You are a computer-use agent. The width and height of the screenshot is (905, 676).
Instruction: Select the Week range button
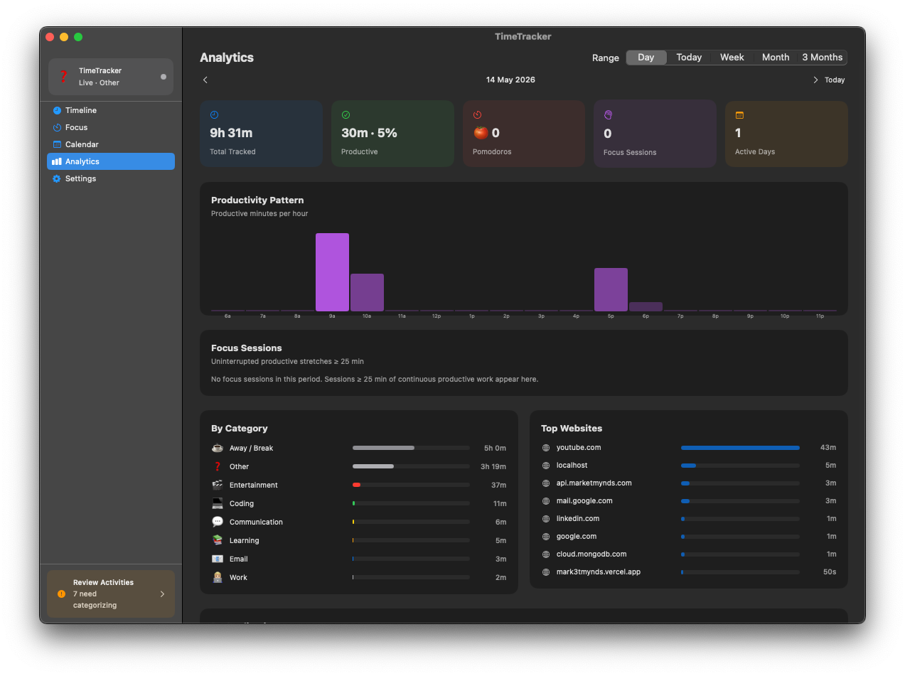pos(732,58)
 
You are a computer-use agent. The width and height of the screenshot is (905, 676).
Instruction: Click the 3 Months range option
pos(822,58)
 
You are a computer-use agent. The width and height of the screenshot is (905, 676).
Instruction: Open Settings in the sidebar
pos(80,178)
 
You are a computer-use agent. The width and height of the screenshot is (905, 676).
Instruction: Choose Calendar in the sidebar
pos(82,144)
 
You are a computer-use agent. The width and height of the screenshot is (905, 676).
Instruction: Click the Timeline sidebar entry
pos(81,110)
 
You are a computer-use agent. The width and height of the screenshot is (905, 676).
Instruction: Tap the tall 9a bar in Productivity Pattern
pos(332,272)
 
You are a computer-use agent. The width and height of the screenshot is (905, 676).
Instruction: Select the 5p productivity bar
pos(611,289)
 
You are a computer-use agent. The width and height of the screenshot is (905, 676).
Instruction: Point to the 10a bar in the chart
pos(367,292)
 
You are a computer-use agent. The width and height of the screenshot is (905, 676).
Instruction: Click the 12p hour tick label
pos(437,316)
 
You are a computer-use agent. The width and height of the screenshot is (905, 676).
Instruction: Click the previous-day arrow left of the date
pos(205,80)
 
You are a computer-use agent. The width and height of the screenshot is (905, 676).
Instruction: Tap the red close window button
pos(50,37)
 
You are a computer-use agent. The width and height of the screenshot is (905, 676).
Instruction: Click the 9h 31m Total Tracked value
pos(231,133)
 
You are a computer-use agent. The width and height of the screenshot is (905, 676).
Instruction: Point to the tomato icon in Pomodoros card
pos(481,133)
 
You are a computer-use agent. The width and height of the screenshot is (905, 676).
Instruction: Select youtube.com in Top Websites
pos(579,448)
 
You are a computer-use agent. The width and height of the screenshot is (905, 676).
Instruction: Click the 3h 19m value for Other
pos(493,466)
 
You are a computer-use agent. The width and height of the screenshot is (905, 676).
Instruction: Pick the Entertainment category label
pos(254,485)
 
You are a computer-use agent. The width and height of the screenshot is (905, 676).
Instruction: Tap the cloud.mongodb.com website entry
pos(591,554)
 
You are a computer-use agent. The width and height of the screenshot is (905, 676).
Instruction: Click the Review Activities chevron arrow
pos(163,594)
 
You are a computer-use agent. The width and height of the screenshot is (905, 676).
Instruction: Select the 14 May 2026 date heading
pos(510,80)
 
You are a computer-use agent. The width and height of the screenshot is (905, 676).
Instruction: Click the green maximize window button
pos(78,37)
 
